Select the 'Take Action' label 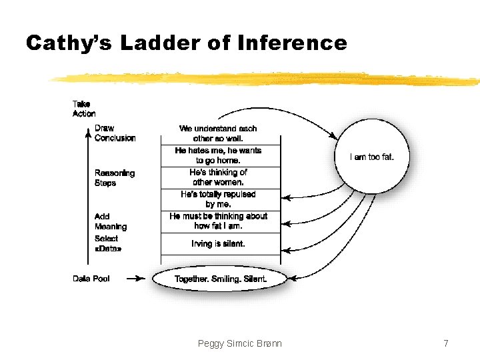coord(83,109)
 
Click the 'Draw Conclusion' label coord(115,133)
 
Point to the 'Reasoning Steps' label coord(114,178)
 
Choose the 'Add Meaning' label coord(110,222)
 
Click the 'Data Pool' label coord(91,279)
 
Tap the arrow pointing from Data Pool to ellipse coord(135,279)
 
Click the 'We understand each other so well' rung coord(218,133)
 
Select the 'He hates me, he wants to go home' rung coord(218,155)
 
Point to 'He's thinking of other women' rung coord(218,177)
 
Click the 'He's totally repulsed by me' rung coord(218,199)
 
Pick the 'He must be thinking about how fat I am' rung coord(218,221)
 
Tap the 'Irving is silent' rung coord(218,244)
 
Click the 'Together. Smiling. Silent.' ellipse coord(220,279)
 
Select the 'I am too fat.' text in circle coord(372,157)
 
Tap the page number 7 coord(446,343)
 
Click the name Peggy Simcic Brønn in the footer coord(240,343)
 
